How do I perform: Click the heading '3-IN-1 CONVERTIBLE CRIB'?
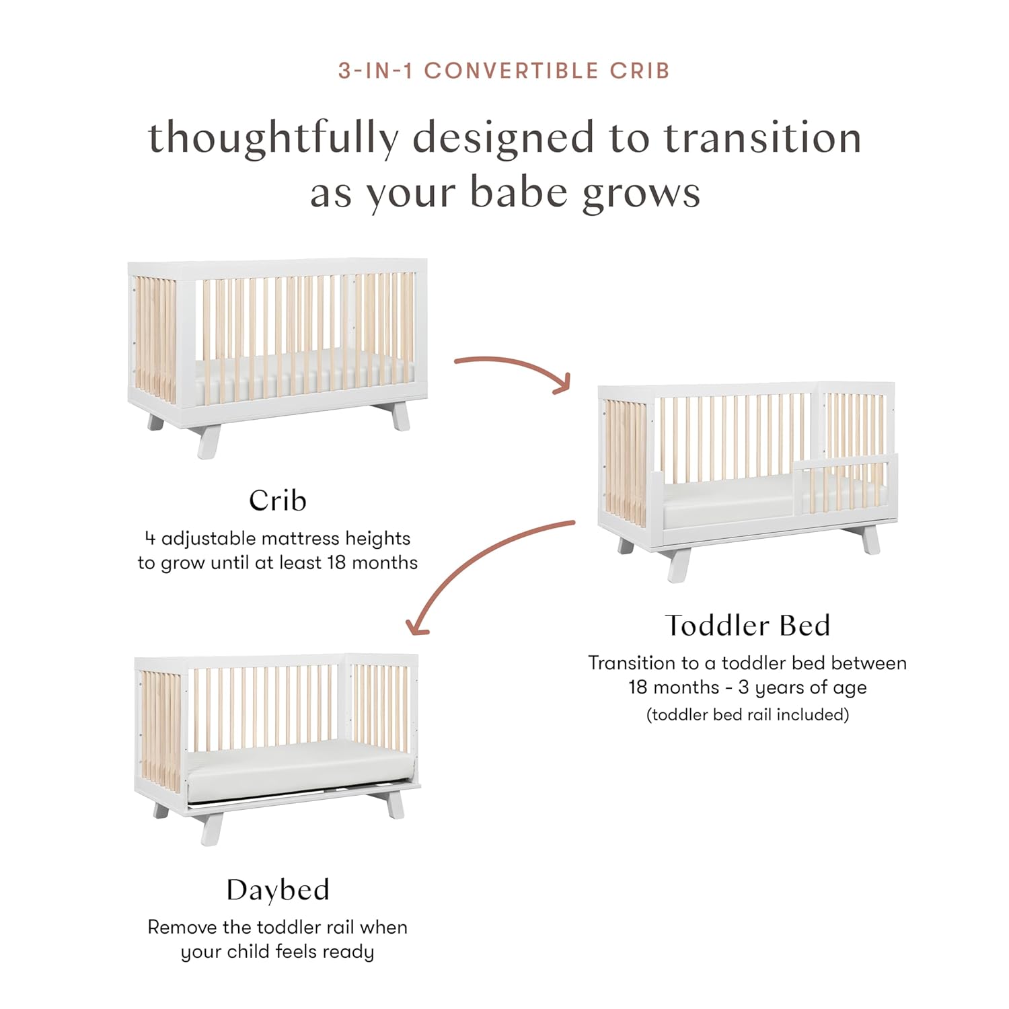click(x=504, y=71)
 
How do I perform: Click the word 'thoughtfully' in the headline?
click(x=273, y=139)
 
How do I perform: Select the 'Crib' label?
click(x=277, y=500)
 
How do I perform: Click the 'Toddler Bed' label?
click(x=747, y=626)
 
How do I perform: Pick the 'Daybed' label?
click(x=277, y=890)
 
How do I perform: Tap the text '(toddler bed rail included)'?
click(x=747, y=714)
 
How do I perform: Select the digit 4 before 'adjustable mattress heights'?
click(x=150, y=538)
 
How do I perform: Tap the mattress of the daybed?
click(x=296, y=767)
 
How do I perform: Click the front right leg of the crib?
click(x=400, y=417)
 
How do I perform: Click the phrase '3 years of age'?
click(x=802, y=687)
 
